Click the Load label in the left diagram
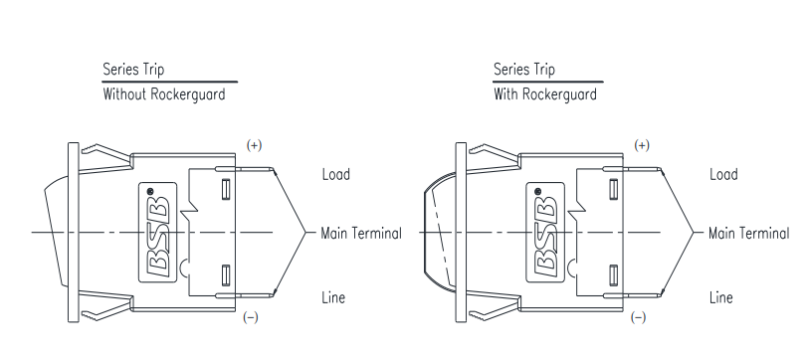[x=335, y=174]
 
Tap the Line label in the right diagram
[x=720, y=297]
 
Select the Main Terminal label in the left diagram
[x=361, y=234]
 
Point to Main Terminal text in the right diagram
[x=748, y=234]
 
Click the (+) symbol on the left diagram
[x=254, y=145]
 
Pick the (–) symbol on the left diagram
[x=251, y=317]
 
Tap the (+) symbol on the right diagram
[x=642, y=145]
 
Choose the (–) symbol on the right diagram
[x=638, y=317]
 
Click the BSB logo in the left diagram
[x=157, y=233]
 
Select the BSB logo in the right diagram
[x=545, y=233]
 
